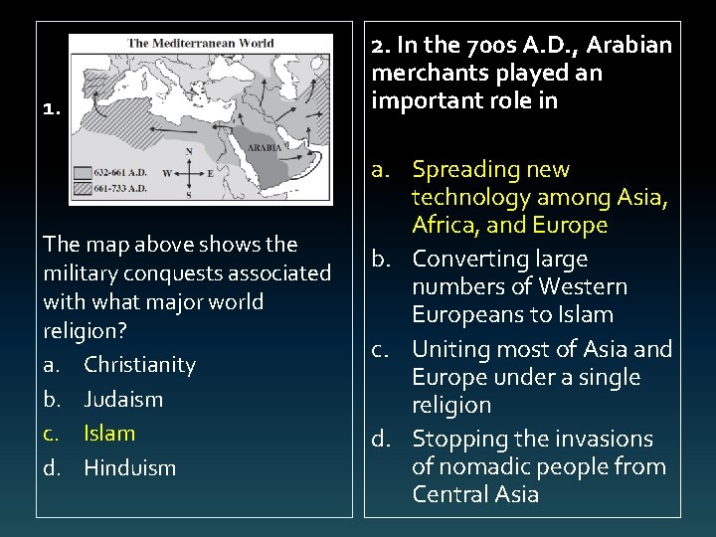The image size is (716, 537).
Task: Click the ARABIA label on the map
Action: point(266,146)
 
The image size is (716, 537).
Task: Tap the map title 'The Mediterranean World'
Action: point(201,43)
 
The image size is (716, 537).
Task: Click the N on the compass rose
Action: point(189,152)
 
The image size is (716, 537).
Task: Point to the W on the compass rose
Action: point(167,173)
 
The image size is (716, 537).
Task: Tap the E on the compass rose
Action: point(210,173)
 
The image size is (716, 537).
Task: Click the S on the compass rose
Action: point(189,195)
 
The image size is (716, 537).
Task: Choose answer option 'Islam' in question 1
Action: point(109,434)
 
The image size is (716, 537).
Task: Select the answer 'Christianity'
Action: point(139,365)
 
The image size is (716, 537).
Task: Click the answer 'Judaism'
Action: point(123,400)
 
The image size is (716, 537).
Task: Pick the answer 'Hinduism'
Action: point(129,467)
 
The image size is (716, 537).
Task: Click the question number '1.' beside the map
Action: point(52,110)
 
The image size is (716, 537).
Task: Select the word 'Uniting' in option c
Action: point(447,350)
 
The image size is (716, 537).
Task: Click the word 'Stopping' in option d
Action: point(456,440)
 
